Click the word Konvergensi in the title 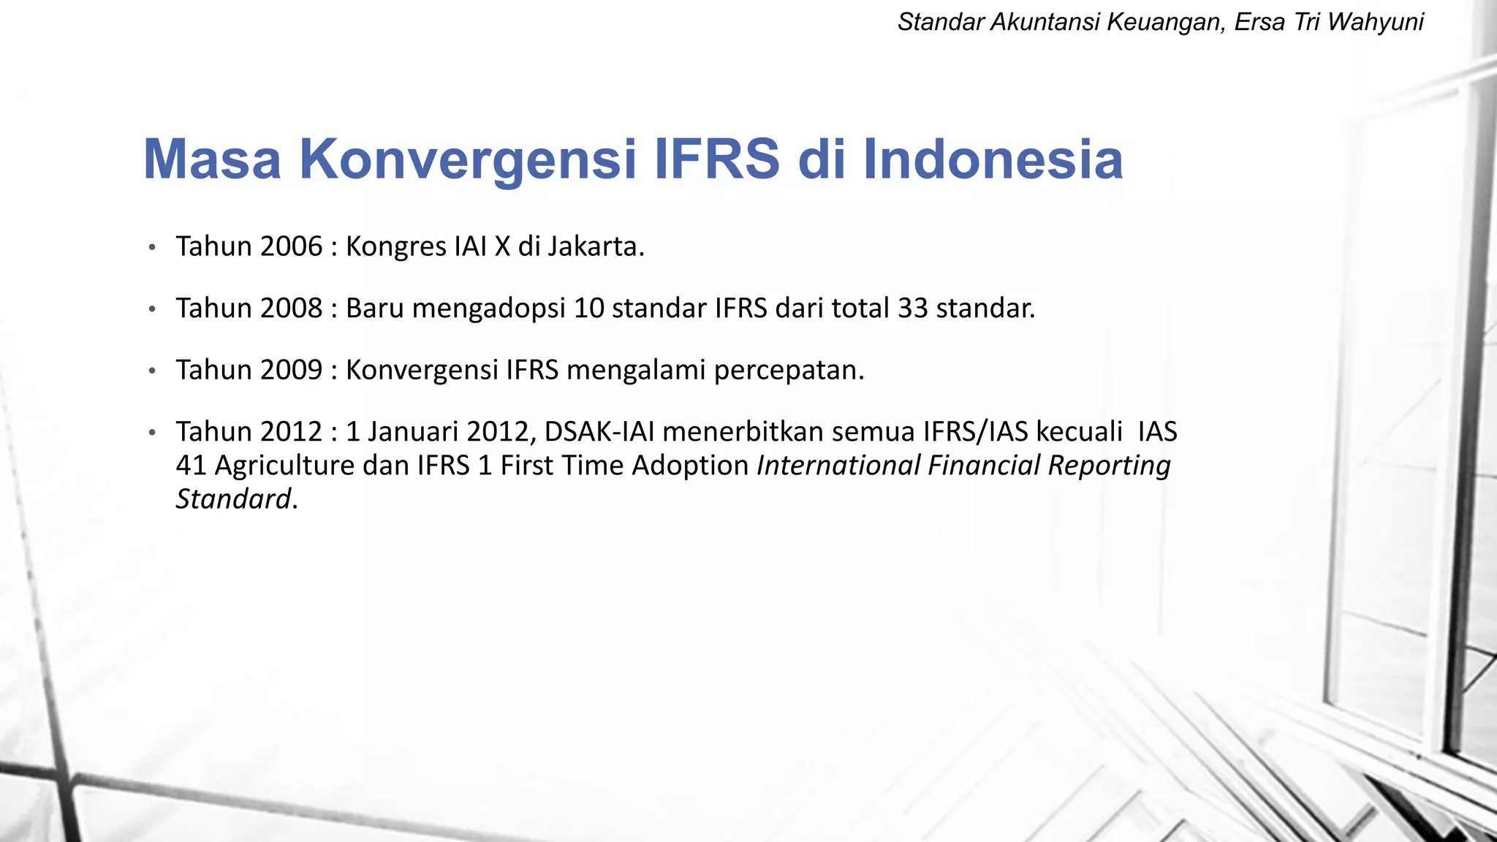coord(468,160)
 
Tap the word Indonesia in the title coord(993,160)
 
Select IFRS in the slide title coord(716,160)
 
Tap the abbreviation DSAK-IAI coord(599,432)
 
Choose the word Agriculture coord(284,466)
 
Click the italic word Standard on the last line coord(233,499)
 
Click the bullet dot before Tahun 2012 coord(152,433)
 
